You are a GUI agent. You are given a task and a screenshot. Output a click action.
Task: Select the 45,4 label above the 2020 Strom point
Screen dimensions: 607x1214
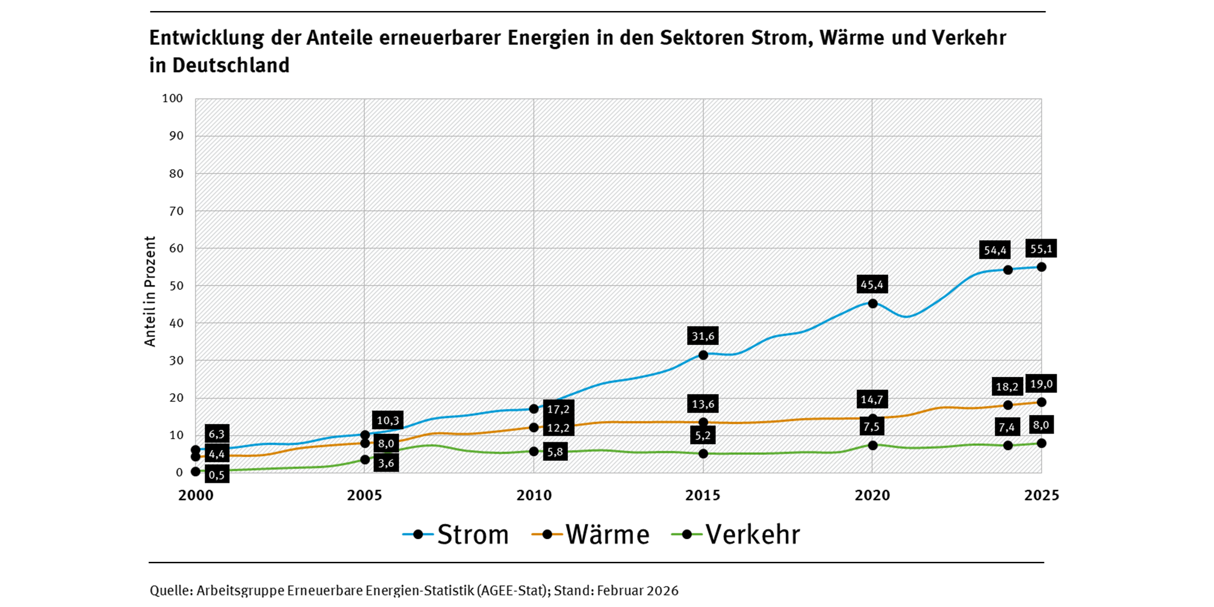click(x=872, y=284)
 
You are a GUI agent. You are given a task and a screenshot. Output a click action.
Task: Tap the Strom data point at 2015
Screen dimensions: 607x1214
click(x=703, y=355)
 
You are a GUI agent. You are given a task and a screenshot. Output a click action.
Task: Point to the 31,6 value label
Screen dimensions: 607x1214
click(x=703, y=336)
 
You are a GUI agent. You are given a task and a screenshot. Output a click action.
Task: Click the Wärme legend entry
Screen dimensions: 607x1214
click(x=591, y=535)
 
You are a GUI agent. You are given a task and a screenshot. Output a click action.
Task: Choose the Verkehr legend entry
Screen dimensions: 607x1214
click(x=737, y=535)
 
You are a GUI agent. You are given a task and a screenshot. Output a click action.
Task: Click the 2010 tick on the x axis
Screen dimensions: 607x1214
click(x=534, y=496)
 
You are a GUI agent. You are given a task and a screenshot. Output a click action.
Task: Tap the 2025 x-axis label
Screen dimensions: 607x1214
click(x=1041, y=496)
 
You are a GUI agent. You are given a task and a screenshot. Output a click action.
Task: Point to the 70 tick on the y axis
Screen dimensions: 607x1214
click(x=176, y=211)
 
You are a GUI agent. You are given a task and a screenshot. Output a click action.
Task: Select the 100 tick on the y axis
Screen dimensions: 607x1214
click(x=172, y=98)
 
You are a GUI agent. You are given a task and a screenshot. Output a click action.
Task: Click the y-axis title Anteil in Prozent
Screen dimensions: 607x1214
click(x=150, y=291)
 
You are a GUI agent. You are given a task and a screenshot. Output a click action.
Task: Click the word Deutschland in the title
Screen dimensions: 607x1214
click(x=231, y=65)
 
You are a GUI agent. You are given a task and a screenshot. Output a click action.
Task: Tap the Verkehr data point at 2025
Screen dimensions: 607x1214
click(x=1041, y=443)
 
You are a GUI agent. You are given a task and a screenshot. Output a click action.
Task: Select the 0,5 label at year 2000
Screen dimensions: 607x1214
click(x=217, y=474)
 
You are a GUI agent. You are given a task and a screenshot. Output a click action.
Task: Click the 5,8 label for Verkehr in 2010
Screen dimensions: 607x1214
click(x=555, y=451)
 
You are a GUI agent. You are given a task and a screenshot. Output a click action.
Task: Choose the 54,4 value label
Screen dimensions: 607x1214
click(x=994, y=250)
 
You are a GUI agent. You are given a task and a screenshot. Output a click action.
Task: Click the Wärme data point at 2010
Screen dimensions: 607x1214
click(x=534, y=427)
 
